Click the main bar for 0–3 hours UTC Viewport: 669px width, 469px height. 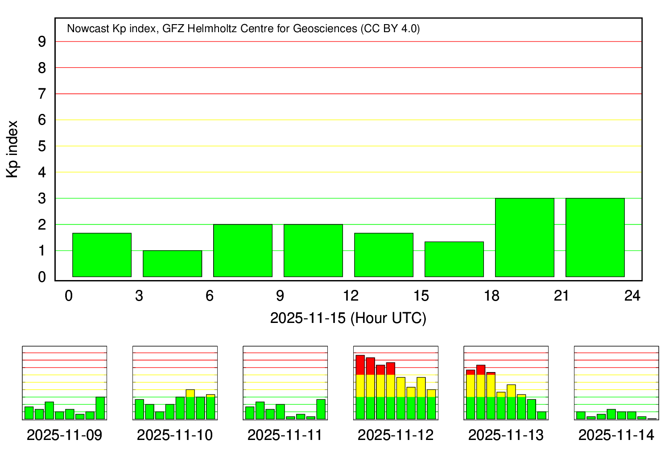coord(102,255)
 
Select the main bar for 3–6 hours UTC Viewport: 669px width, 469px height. coord(172,264)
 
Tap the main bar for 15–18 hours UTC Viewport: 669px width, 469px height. coord(454,259)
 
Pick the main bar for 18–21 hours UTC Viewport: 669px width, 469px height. coord(524,237)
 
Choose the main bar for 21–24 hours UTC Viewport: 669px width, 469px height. coord(595,237)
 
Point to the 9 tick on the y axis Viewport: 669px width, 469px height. coord(42,42)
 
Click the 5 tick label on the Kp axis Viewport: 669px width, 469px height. coord(42,146)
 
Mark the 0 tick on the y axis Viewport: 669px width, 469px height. coord(42,277)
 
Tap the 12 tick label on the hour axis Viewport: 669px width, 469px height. coord(351,296)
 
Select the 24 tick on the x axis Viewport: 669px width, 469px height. coord(632,296)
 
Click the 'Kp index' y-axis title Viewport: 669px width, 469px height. coord(12,149)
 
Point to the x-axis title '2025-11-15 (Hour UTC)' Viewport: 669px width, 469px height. coord(348,318)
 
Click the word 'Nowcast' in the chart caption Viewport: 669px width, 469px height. coord(88,29)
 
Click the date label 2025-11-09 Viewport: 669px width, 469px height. coord(64,435)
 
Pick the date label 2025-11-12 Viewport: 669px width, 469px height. coord(396,435)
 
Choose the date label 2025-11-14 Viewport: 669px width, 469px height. coord(616,435)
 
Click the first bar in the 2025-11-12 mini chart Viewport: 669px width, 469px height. coord(360,387)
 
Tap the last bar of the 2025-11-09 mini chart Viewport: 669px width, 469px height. coord(100,408)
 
